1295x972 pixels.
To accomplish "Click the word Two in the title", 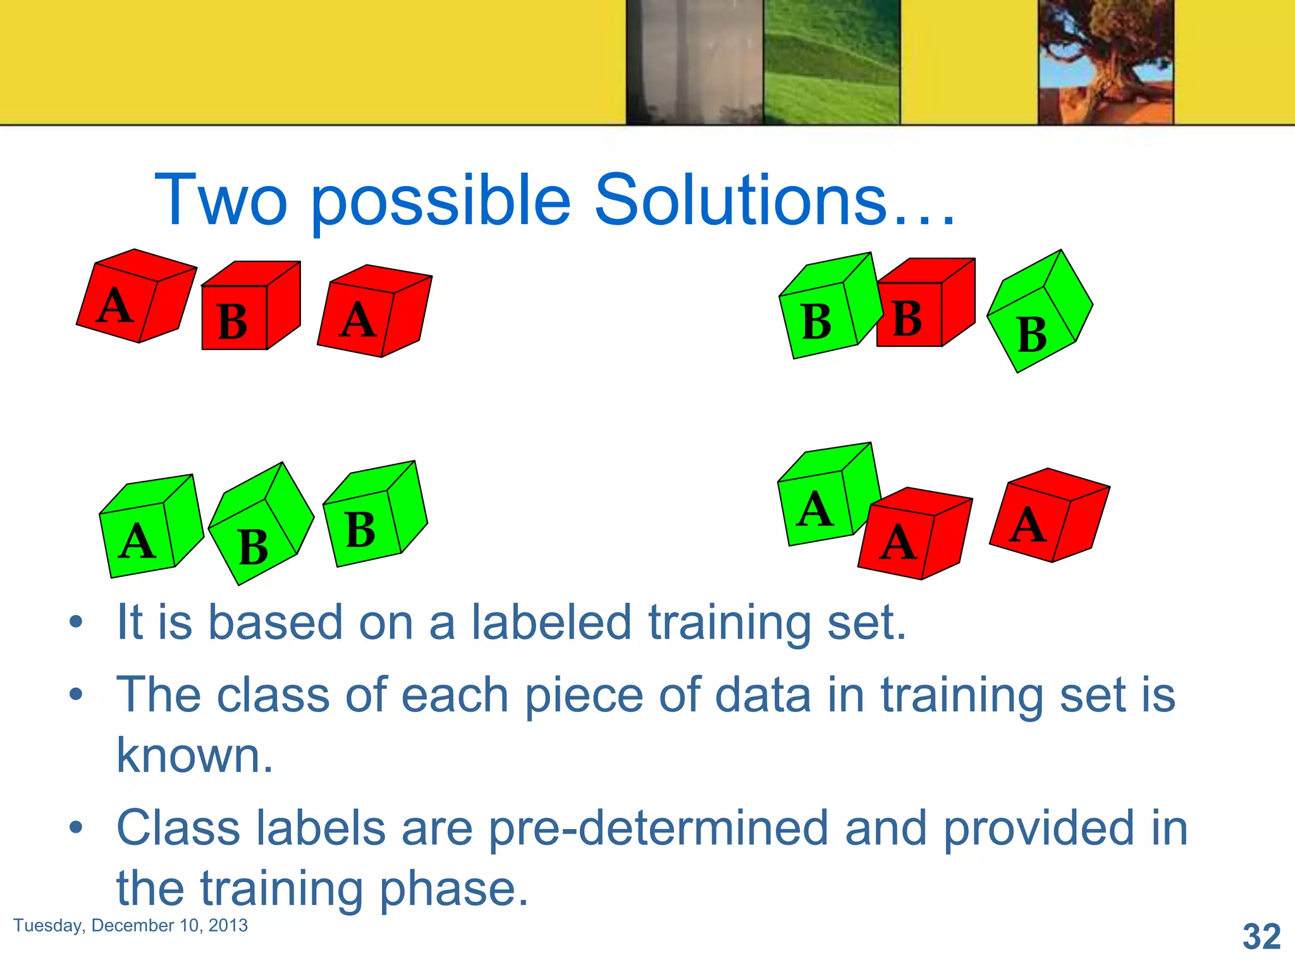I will tap(221, 201).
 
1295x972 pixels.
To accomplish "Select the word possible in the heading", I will tap(441, 202).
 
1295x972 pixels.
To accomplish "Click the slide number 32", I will tap(1261, 936).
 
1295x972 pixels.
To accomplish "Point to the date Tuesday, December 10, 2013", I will tap(130, 925).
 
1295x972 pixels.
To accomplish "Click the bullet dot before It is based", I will tap(76, 622).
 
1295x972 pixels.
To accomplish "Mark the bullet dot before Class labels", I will tap(76, 827).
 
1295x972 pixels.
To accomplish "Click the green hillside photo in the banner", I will tap(831, 61).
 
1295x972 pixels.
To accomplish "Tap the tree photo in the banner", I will tap(1105, 61).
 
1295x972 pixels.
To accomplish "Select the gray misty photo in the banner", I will tap(694, 61).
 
